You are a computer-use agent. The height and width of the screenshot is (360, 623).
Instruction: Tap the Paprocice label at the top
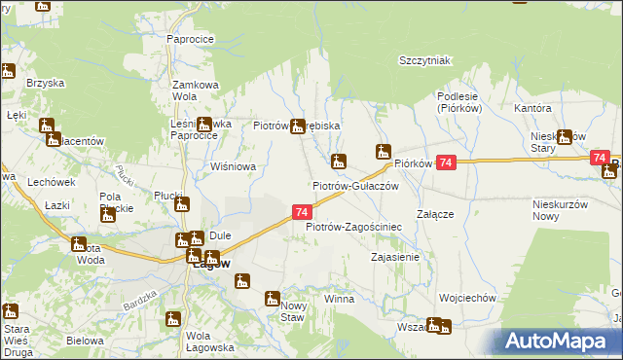coord(190,39)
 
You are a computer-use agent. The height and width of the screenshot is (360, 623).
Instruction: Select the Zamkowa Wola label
coord(194,90)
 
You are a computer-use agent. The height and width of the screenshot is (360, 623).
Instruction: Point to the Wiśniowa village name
coord(233,166)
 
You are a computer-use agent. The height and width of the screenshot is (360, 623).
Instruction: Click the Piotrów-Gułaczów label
coord(355,185)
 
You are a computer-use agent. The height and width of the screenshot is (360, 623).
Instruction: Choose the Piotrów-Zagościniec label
coord(353,227)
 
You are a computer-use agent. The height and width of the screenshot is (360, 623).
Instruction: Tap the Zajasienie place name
coord(395,258)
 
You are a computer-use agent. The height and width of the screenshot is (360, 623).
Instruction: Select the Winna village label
coord(339,299)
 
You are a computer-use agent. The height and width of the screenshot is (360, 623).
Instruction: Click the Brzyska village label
coord(44,83)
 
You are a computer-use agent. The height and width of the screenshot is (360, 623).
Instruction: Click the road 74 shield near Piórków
coord(446,163)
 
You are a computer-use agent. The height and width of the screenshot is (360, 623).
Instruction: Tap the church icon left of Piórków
coord(385,152)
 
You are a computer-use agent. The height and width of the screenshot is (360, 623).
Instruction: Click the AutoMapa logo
coord(563,342)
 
